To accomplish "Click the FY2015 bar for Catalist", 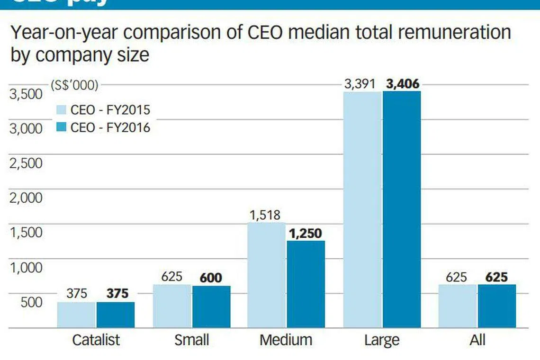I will click(x=76, y=315).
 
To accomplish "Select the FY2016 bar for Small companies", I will click(x=211, y=306).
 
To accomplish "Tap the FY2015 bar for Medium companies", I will click(x=267, y=275).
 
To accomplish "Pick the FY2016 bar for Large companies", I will click(x=402, y=209).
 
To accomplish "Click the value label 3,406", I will click(x=403, y=84).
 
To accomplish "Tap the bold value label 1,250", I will click(x=305, y=233).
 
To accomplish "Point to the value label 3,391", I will click(x=360, y=84).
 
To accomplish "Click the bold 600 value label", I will click(x=211, y=278).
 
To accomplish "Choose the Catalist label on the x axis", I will click(x=96, y=340).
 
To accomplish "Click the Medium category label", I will click(x=286, y=340).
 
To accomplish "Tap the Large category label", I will click(x=382, y=340).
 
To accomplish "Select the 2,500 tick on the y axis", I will click(x=27, y=163).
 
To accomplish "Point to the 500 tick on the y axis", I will click(x=32, y=302).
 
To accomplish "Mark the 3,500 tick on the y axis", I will click(x=27, y=94).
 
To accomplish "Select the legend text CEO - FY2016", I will click(x=110, y=127).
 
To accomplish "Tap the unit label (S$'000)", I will click(x=74, y=85).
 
